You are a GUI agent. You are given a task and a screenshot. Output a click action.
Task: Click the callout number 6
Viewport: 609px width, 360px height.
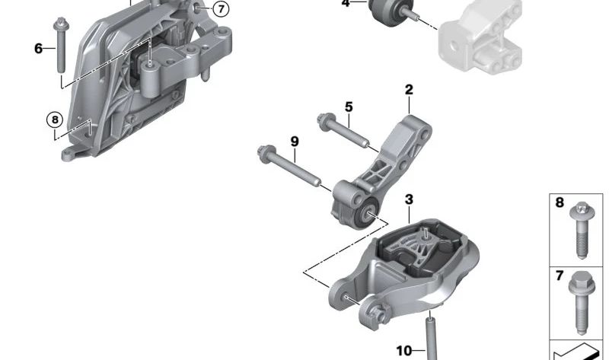[38, 49]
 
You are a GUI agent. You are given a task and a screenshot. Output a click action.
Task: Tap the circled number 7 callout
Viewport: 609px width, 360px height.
[219, 9]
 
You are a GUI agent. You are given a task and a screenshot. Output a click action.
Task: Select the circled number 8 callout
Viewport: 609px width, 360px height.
[54, 119]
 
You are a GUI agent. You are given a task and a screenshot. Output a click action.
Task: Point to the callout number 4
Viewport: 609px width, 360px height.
[346, 4]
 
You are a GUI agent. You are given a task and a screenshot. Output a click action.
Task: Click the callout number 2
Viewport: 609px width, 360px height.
[409, 90]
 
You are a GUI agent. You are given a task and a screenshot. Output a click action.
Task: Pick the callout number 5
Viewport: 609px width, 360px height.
[348, 107]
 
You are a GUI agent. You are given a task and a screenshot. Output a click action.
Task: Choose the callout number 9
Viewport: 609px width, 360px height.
[294, 142]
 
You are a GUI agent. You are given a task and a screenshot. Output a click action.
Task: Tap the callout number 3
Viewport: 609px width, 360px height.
[409, 199]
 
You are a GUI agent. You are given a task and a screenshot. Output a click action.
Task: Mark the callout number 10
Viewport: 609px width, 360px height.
[403, 350]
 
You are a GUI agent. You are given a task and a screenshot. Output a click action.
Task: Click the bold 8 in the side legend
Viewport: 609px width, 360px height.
[560, 203]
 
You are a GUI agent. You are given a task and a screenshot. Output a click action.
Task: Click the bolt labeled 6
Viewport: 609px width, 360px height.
[59, 46]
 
